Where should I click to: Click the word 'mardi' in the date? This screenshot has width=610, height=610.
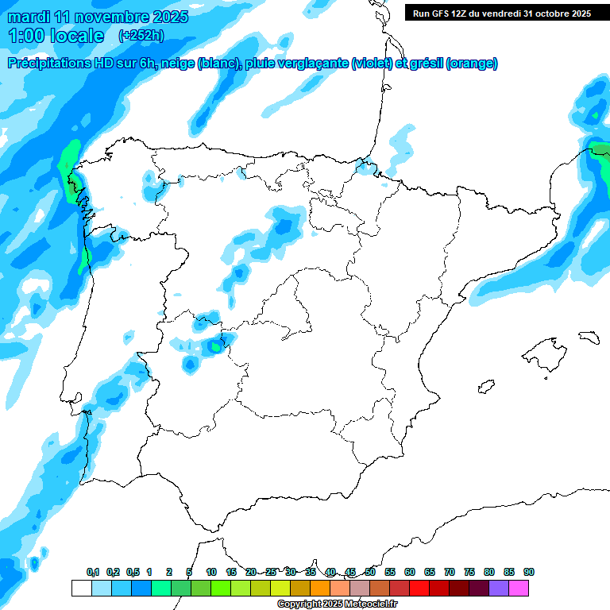[30, 17]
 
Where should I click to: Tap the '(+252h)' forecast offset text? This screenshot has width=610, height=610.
[141, 35]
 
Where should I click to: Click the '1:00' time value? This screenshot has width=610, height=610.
[25, 36]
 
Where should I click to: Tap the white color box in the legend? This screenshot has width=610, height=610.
[81, 588]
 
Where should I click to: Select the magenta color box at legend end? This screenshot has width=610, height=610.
[519, 588]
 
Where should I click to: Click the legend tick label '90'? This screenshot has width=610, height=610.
[529, 572]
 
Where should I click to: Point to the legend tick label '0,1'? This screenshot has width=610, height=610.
[93, 572]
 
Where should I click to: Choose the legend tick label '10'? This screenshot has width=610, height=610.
[211, 572]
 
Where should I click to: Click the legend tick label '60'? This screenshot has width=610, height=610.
[410, 572]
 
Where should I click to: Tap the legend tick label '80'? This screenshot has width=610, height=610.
[489, 572]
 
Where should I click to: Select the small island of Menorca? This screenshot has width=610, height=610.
[588, 337]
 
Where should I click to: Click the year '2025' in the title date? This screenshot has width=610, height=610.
[168, 17]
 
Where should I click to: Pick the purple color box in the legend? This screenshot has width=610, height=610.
[499, 588]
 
